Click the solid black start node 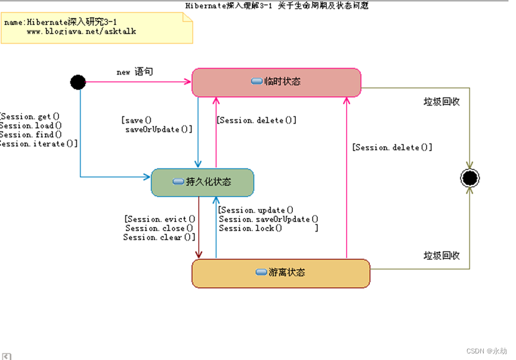(78, 82)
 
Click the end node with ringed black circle (469, 178)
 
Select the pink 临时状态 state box (276, 82)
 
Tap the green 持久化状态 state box (202, 182)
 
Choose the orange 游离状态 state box (280, 273)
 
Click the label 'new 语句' (134, 72)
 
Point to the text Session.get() (30, 116)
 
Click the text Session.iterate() (39, 144)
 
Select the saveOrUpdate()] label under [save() (159, 130)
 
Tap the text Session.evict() (160, 219)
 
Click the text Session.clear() (159, 238)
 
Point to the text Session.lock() (250, 228)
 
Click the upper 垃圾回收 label (441, 101)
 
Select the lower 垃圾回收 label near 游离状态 (441, 256)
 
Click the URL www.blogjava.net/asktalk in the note (81, 31)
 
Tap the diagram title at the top (277, 5)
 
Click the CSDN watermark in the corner (486, 352)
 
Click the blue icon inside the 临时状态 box (257, 81)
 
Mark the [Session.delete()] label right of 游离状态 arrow (392, 147)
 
